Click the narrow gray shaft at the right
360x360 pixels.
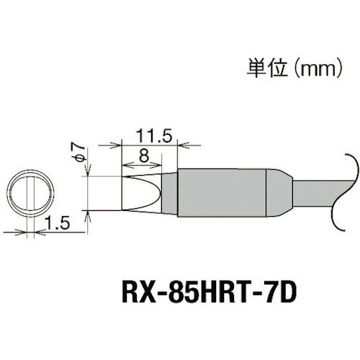(317, 192)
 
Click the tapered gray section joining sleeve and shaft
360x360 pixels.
(282, 192)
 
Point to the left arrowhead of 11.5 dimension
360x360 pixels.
(122, 143)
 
